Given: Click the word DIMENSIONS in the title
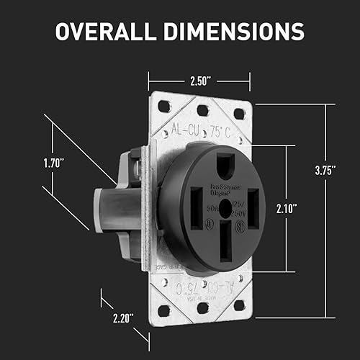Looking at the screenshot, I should (238, 32).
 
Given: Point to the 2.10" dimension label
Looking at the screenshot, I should (287, 209).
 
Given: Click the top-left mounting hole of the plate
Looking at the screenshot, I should (164, 106).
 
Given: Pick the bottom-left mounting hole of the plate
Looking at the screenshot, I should (164, 310).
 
